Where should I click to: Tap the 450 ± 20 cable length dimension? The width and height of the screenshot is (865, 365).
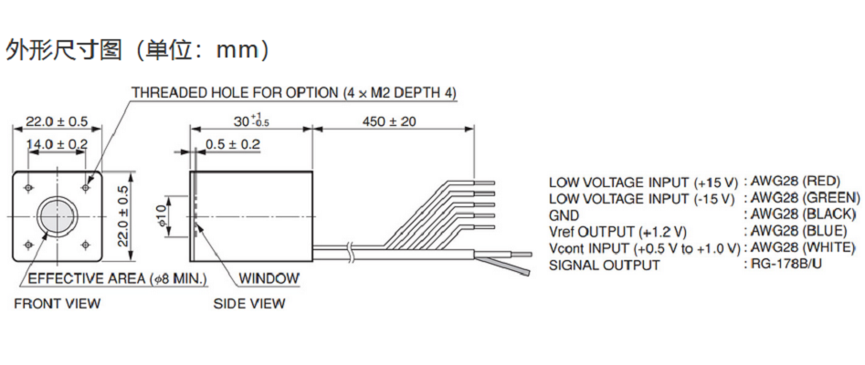[x=388, y=120]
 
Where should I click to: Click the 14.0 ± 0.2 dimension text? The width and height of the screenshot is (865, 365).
[x=57, y=143]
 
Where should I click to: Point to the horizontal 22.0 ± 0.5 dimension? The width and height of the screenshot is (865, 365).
[x=57, y=121]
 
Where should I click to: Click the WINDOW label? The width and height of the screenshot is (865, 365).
[x=269, y=278]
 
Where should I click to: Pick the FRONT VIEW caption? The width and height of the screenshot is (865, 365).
[x=57, y=304]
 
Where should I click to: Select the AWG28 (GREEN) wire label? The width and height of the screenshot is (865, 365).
[x=804, y=197]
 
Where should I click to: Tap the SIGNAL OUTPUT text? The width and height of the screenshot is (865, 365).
[x=604, y=266]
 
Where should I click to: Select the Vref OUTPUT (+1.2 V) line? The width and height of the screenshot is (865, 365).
[x=617, y=232]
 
